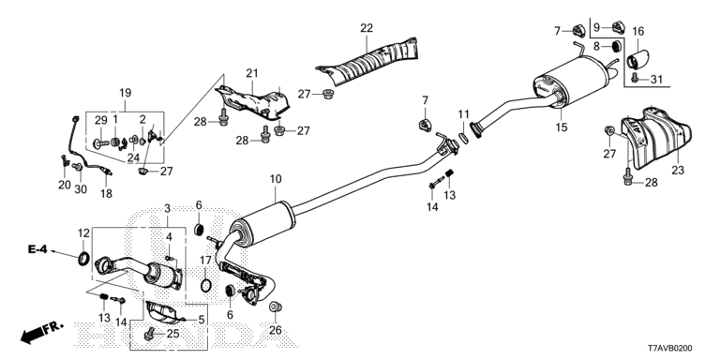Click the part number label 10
tap(275, 179)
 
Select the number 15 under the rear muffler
tap(562, 127)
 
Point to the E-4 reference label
tap(37, 249)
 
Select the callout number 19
tap(124, 93)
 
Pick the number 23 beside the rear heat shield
tap(678, 170)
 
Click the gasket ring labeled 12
tap(83, 259)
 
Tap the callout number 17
tap(206, 260)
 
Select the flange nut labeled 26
tap(275, 307)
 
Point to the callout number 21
tap(251, 73)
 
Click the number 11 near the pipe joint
tap(462, 114)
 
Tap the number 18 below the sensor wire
tap(105, 193)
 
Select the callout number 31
tap(656, 79)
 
